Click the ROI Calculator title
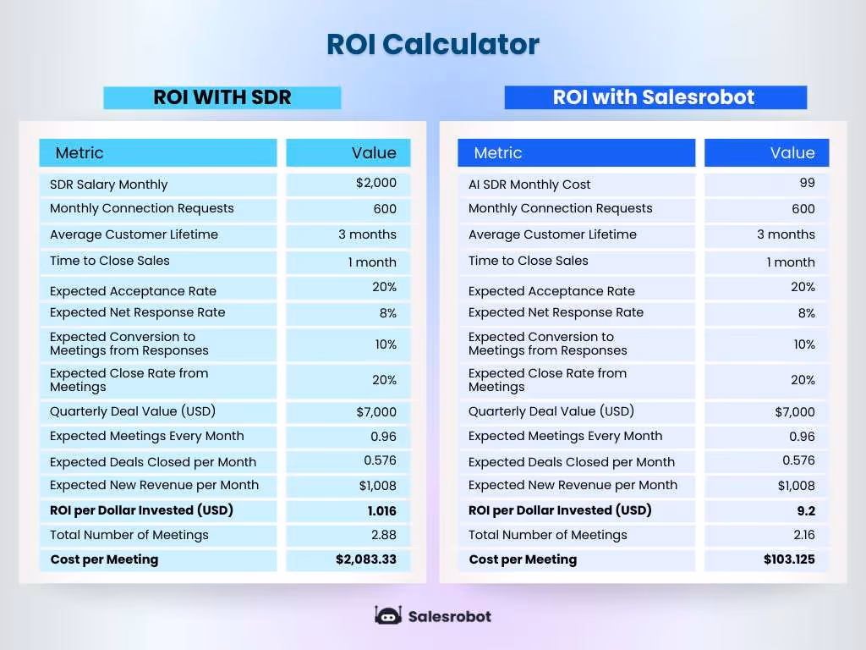pyautogui.click(x=432, y=44)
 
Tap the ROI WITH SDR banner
pyautogui.click(x=222, y=97)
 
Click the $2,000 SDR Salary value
pyautogui.click(x=376, y=183)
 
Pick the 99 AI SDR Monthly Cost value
pyautogui.click(x=807, y=183)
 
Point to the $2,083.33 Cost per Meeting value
pyautogui.click(x=365, y=559)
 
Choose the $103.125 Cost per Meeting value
pyautogui.click(x=789, y=559)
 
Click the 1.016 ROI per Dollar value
pyautogui.click(x=381, y=510)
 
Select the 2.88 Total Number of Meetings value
pyautogui.click(x=383, y=535)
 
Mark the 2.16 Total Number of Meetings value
pyautogui.click(x=802, y=535)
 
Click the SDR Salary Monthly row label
pyautogui.click(x=108, y=185)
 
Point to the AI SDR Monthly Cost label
pyautogui.click(x=529, y=185)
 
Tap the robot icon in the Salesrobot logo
pyautogui.click(x=388, y=615)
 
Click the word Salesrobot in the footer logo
pyautogui.click(x=449, y=616)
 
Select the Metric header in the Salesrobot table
pyautogui.click(x=497, y=153)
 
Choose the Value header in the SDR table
pyautogui.click(x=374, y=153)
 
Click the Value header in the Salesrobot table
pyautogui.click(x=792, y=153)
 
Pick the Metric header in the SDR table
pyautogui.click(x=79, y=153)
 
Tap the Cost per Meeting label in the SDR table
pyautogui.click(x=104, y=559)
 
